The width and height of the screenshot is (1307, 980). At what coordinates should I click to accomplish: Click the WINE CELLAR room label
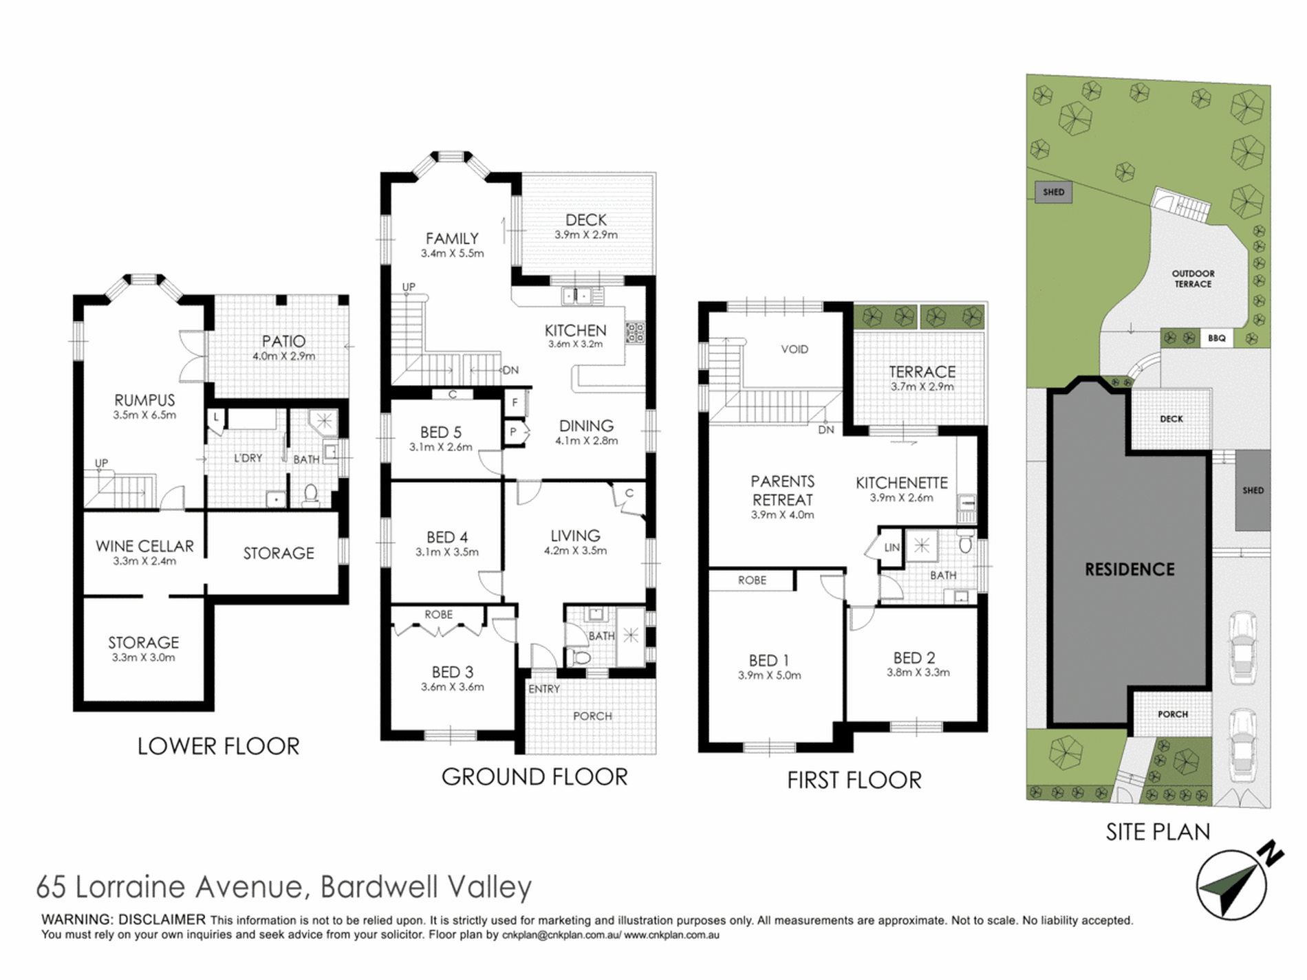click(x=144, y=546)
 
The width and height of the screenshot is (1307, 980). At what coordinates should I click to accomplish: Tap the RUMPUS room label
click(x=144, y=400)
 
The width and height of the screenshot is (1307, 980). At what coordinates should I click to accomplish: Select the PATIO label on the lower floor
click(x=283, y=341)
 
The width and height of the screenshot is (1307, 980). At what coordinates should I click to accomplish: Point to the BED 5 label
click(x=441, y=433)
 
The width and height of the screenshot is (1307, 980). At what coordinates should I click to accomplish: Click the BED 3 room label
click(x=453, y=672)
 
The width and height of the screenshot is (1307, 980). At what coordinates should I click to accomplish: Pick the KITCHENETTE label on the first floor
click(x=902, y=483)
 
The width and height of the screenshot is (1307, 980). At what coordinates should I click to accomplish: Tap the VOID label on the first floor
click(x=795, y=349)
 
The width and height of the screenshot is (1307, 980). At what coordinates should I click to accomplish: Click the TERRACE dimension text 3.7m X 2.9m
click(x=922, y=386)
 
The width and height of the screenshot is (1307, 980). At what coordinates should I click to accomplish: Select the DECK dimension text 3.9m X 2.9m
click(x=586, y=235)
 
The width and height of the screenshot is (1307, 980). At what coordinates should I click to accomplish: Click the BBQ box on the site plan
click(x=1216, y=338)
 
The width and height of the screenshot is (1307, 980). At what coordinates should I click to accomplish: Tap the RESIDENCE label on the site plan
click(x=1130, y=569)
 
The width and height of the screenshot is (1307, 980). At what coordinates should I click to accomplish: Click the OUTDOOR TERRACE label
click(x=1193, y=279)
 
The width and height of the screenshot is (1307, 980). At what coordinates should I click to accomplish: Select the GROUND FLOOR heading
click(x=534, y=777)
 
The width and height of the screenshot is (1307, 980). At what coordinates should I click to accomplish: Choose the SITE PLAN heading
click(x=1158, y=832)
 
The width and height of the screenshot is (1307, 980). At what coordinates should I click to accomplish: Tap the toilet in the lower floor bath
click(x=311, y=494)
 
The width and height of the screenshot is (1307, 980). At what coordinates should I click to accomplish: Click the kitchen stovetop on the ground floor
click(x=634, y=332)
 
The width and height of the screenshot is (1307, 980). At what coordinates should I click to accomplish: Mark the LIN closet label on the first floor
click(x=892, y=547)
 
